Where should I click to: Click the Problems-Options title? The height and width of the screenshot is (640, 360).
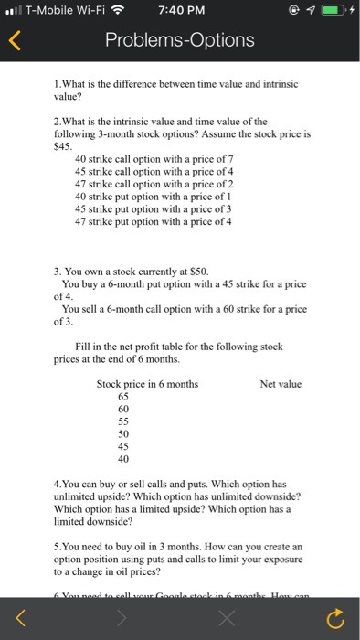[179, 41]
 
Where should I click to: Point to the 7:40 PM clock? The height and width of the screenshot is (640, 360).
[179, 11]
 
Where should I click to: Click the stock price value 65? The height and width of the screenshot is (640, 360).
[123, 397]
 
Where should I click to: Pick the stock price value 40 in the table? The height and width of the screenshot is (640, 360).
[123, 458]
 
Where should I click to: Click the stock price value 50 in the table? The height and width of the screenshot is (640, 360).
[123, 433]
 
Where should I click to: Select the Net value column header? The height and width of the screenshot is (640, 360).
[281, 384]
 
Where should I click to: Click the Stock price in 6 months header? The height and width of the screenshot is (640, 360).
[147, 384]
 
